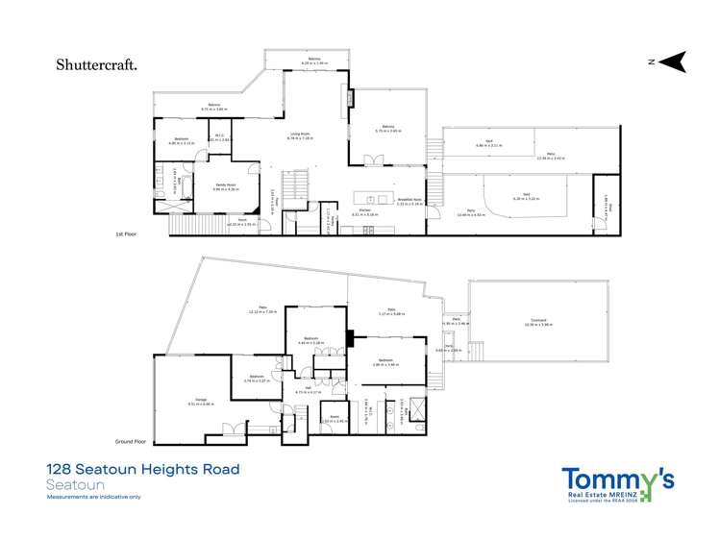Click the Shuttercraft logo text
95,65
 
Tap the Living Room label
301,135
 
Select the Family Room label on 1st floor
226,186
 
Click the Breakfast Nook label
410,200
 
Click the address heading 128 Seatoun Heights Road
142,470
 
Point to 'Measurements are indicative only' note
93,497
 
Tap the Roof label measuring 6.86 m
490,142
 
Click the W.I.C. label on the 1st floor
219,135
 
